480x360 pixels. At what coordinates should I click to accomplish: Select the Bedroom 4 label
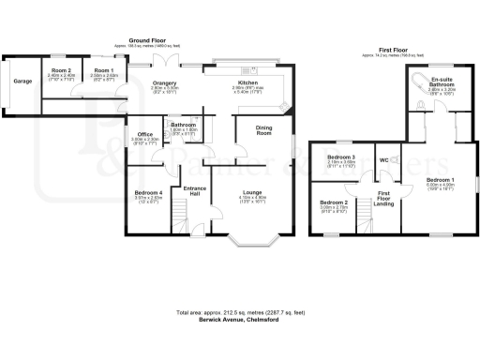click(x=147, y=194)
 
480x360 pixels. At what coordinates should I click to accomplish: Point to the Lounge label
click(x=251, y=193)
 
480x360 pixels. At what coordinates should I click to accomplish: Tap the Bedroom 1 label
click(x=440, y=178)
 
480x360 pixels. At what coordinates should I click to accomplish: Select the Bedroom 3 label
click(x=343, y=157)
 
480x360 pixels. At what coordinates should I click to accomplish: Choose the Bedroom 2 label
click(x=333, y=203)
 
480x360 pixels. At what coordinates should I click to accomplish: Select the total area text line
click(x=239, y=311)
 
